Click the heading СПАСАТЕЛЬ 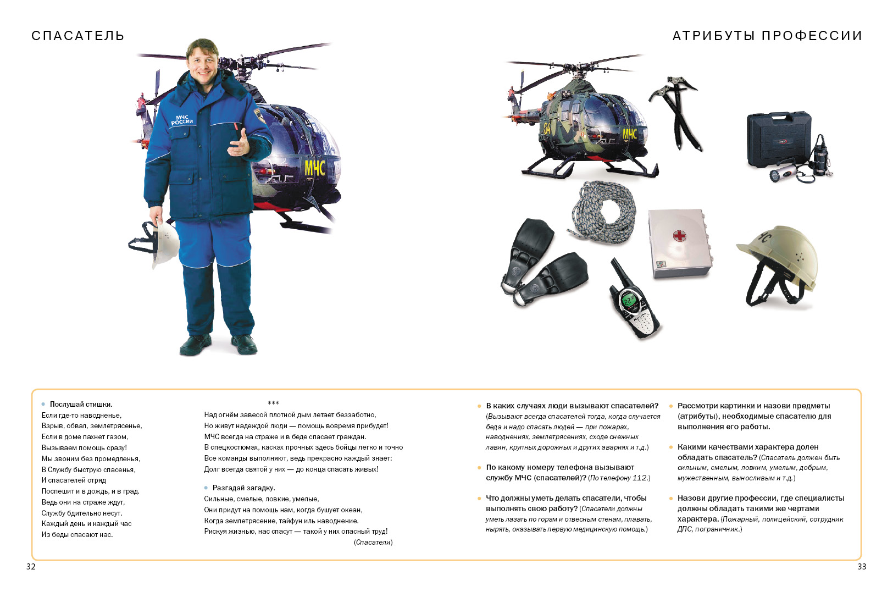point(77,36)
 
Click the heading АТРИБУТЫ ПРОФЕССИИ point(767,36)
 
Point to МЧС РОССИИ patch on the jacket point(182,120)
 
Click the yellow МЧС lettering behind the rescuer point(315,167)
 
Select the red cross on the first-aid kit point(680,236)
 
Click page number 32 point(31,567)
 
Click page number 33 point(862,567)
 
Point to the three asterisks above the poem point(273,403)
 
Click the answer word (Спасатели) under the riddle point(373,542)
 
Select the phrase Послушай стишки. point(81,404)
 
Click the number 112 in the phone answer point(640,478)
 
